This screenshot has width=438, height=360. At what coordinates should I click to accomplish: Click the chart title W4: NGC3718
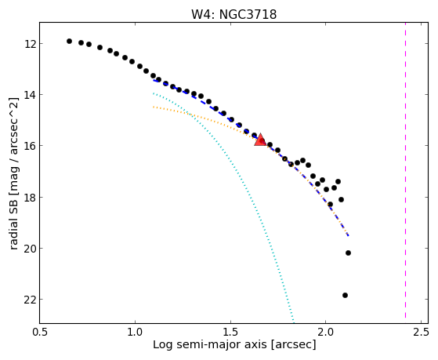(233, 14)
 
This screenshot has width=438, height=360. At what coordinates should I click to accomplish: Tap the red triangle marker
(260, 140)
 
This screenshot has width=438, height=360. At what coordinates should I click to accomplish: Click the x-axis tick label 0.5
(40, 333)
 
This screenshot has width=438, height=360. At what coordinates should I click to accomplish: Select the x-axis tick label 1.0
(135, 333)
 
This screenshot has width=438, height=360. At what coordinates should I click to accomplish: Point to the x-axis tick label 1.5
(230, 333)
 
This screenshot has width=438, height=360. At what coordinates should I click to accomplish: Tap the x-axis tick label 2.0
(326, 333)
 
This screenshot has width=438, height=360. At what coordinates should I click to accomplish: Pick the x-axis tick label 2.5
(421, 333)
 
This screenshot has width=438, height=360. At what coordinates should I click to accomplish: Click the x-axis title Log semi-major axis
(210, 344)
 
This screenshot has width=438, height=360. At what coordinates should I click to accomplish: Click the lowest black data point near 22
(345, 295)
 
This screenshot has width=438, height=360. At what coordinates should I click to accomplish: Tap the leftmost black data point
(69, 41)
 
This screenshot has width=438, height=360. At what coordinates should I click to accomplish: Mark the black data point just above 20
(348, 253)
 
